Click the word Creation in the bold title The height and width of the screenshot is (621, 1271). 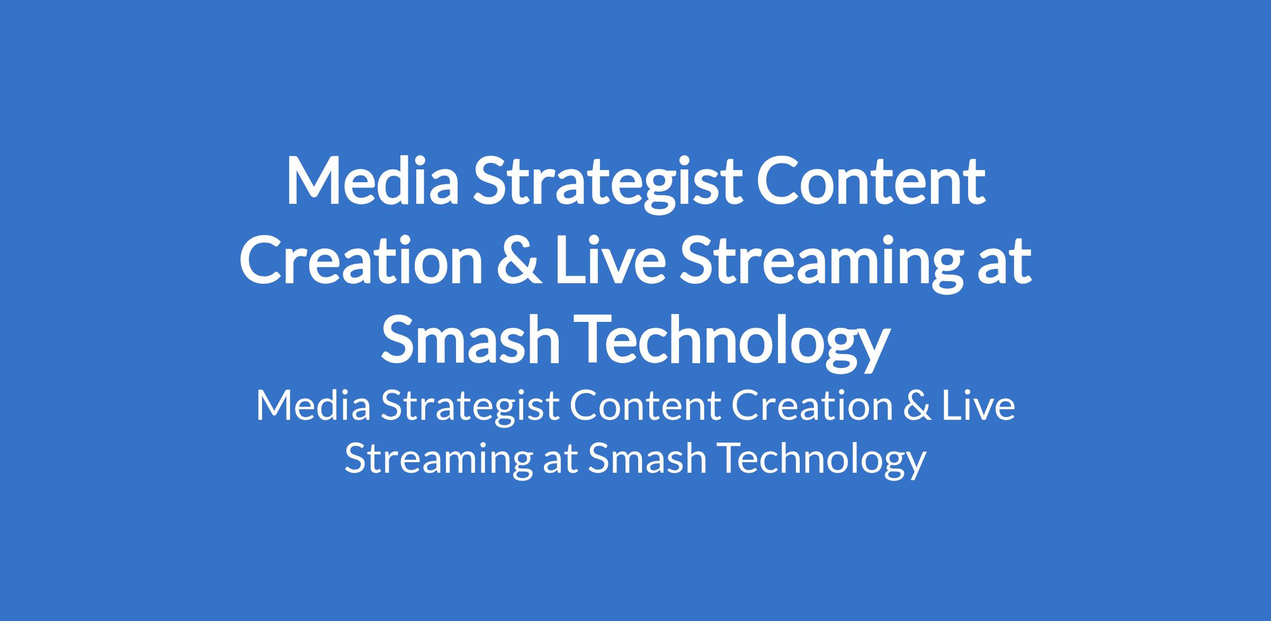click(x=361, y=260)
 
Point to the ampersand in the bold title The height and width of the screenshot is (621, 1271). click(x=520, y=260)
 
